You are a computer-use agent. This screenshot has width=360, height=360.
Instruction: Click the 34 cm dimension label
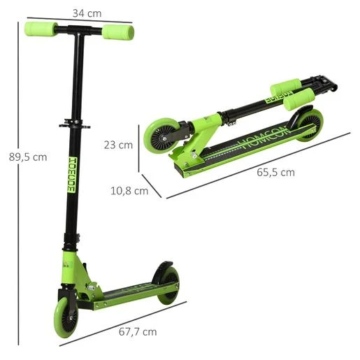point(87,13)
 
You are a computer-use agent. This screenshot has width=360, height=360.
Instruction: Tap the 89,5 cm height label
point(28,157)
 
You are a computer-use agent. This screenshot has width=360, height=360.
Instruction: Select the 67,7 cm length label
point(138,332)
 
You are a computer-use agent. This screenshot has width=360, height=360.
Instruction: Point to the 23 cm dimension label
point(118,145)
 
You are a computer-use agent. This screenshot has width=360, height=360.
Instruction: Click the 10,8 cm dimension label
point(129,191)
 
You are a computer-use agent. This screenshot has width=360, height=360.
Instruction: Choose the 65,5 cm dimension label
point(275,173)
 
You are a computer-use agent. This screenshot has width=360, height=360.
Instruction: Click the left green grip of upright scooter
point(41,29)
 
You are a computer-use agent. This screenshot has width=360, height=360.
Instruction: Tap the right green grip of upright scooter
point(118,32)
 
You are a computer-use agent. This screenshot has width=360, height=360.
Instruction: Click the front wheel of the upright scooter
point(66,317)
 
